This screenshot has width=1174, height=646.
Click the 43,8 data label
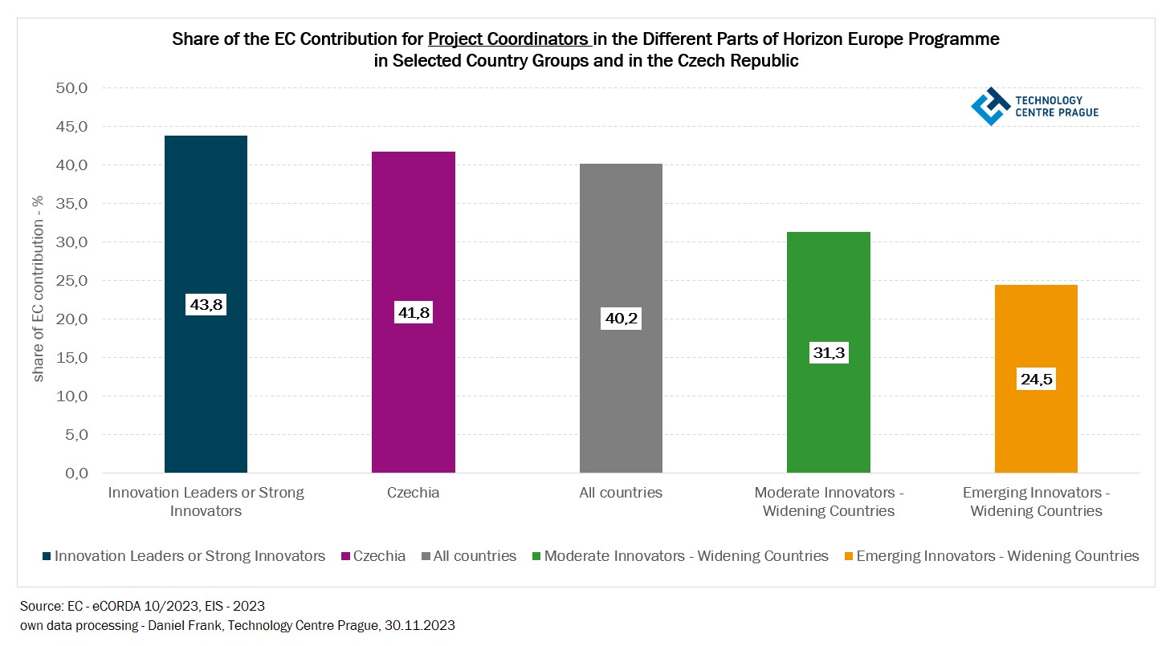[206, 305]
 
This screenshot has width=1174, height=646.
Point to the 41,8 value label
[413, 312]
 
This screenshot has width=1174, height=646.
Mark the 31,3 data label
[829, 353]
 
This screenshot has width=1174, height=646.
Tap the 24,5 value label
[1036, 380]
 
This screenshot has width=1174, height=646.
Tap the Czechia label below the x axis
[413, 493]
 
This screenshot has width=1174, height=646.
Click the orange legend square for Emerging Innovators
[848, 555]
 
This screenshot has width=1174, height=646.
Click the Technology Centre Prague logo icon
[990, 106]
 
